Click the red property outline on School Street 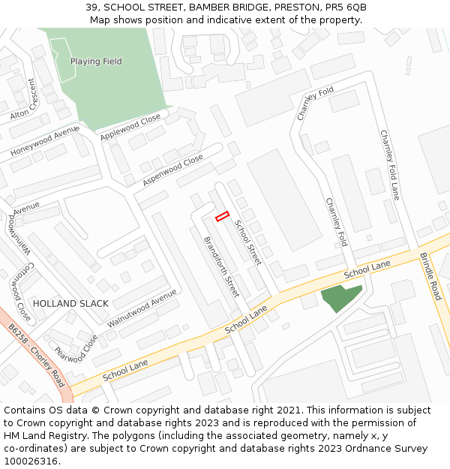[222, 217]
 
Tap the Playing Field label [96, 62]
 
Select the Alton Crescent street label [25, 100]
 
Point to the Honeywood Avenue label [44, 141]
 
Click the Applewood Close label [130, 124]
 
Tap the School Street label [247, 242]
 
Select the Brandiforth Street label [221, 266]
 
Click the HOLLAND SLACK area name [70, 304]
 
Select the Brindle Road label [430, 276]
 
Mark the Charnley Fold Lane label [390, 164]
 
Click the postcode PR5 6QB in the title [345, 7]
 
